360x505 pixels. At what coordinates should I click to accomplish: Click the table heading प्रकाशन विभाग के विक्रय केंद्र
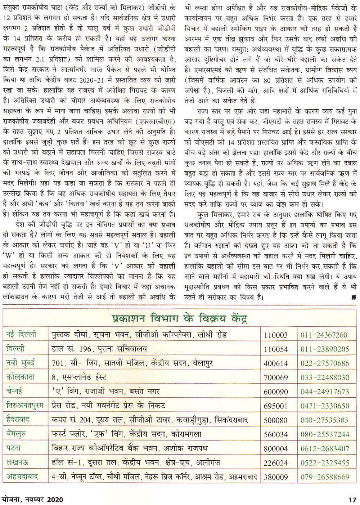179,318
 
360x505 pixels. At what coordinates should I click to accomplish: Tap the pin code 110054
276,349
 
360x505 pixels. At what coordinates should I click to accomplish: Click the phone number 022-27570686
325,363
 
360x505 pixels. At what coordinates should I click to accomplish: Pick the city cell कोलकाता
21,377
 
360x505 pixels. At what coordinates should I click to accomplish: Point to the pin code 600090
276,392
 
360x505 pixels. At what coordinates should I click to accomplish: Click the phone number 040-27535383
325,420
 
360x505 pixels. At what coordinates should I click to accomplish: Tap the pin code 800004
276,448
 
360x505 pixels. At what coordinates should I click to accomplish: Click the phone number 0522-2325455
325,462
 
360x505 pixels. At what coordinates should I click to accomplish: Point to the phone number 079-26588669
325,477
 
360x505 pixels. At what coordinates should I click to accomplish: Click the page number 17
352,500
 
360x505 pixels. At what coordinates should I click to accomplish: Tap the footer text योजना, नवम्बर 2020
32,500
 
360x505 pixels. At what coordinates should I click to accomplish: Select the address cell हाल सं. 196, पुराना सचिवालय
99,349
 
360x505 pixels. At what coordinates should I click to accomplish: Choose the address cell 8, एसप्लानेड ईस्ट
79,377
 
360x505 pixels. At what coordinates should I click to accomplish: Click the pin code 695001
276,406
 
